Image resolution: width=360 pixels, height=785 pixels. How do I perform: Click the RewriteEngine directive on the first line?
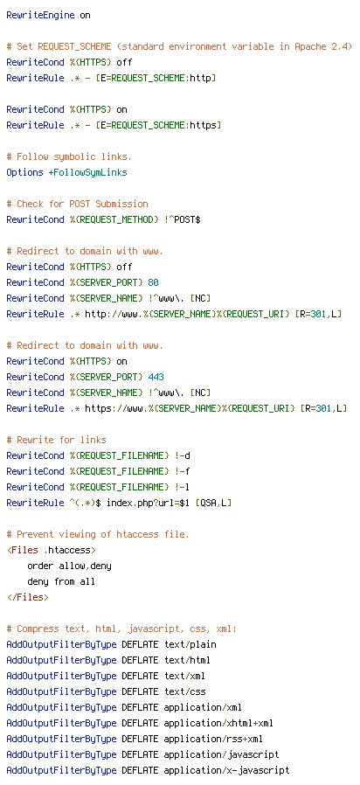coord(40,15)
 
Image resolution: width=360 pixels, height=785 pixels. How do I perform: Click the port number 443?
coord(156,377)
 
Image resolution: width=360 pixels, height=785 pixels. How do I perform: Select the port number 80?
coord(153,282)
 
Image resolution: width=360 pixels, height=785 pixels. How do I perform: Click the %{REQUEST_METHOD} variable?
coord(114,219)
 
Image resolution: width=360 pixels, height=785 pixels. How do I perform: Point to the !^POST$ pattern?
coord(183,219)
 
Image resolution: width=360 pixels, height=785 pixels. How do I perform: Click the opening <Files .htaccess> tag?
coord(51,550)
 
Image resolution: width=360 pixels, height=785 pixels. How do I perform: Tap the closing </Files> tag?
coord(28,597)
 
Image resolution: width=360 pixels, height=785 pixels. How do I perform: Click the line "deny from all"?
coord(61,581)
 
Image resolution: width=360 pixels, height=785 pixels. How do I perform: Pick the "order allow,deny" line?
coord(69,566)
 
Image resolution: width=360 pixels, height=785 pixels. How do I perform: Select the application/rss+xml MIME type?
coord(213,739)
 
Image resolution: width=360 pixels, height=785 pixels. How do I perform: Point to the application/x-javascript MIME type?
coord(226,770)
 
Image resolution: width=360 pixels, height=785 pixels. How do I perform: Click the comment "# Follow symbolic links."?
coord(69,156)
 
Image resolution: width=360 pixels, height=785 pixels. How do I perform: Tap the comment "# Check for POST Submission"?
coord(77,204)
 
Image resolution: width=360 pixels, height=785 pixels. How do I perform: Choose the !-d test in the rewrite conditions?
coord(183,455)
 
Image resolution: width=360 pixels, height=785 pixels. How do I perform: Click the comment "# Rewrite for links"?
coord(56,440)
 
